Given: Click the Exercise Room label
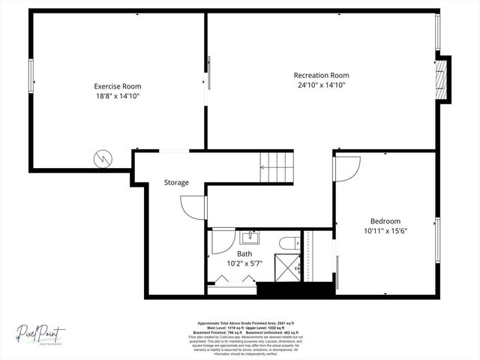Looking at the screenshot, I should (x=117, y=86).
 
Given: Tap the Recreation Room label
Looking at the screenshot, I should (x=321, y=75).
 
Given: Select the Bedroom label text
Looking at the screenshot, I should (x=385, y=221).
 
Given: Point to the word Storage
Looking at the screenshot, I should (x=176, y=182).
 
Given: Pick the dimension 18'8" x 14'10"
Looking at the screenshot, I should (x=117, y=96).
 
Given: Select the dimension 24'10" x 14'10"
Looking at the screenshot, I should (x=321, y=85).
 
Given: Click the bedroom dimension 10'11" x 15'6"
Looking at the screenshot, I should (x=385, y=231).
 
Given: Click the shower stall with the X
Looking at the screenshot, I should (x=286, y=268).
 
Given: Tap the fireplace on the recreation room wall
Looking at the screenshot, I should (x=444, y=79).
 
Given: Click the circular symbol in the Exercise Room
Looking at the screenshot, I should (x=102, y=158).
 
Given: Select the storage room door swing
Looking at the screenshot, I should (x=193, y=206).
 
